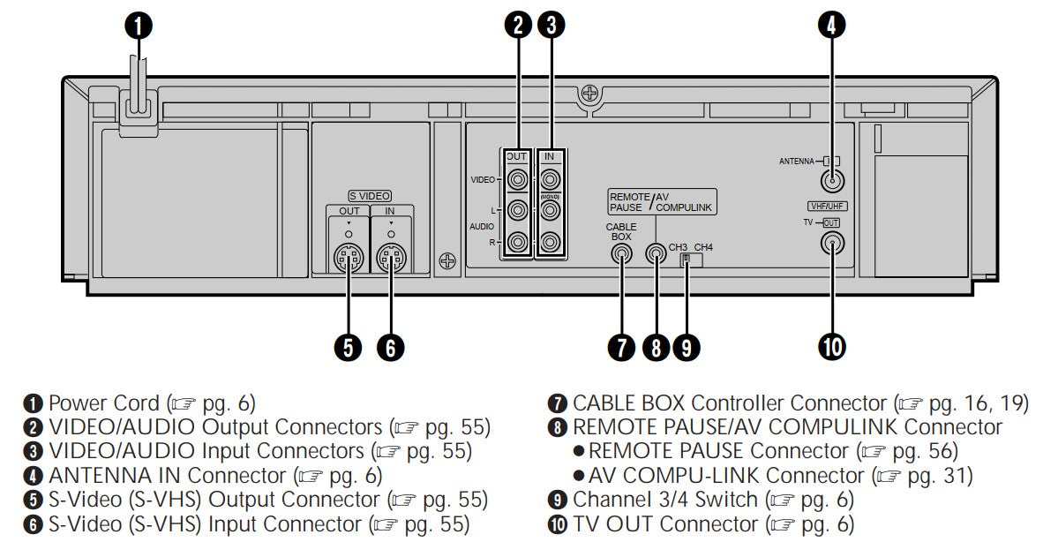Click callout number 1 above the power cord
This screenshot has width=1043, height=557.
(138, 26)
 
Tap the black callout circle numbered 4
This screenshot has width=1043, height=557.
(829, 26)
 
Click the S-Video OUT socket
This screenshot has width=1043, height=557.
(349, 259)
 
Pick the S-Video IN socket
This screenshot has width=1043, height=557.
(390, 259)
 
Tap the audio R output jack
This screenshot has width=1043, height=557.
(517, 240)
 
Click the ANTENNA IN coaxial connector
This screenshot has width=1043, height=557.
(829, 182)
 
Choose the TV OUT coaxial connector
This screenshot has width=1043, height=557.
(829, 245)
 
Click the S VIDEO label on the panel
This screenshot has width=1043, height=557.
(369, 196)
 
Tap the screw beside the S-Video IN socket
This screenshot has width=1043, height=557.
(449, 261)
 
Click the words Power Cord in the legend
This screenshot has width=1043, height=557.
(104, 404)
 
